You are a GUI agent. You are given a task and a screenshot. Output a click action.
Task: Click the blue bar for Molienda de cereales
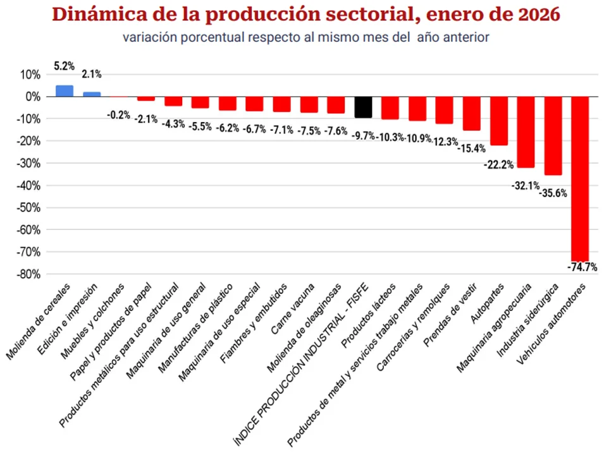(x=65, y=91)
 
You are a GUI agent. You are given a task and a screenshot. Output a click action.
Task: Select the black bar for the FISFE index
(x=363, y=107)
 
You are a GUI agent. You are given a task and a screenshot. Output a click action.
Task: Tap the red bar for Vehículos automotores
(x=580, y=178)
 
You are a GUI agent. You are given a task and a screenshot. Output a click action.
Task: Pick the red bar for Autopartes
(x=499, y=121)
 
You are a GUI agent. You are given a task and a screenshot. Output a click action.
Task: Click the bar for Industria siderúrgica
(x=553, y=136)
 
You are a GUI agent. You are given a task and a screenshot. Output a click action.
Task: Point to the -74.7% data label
(x=582, y=267)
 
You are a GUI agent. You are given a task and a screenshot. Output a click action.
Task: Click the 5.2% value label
(x=65, y=66)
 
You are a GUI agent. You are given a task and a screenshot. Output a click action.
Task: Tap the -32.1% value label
(x=525, y=186)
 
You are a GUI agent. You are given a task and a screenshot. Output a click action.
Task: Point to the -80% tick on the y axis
(x=28, y=274)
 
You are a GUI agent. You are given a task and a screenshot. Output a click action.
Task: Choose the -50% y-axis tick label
(x=28, y=208)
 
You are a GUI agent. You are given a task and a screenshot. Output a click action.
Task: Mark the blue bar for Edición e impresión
(x=92, y=94)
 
